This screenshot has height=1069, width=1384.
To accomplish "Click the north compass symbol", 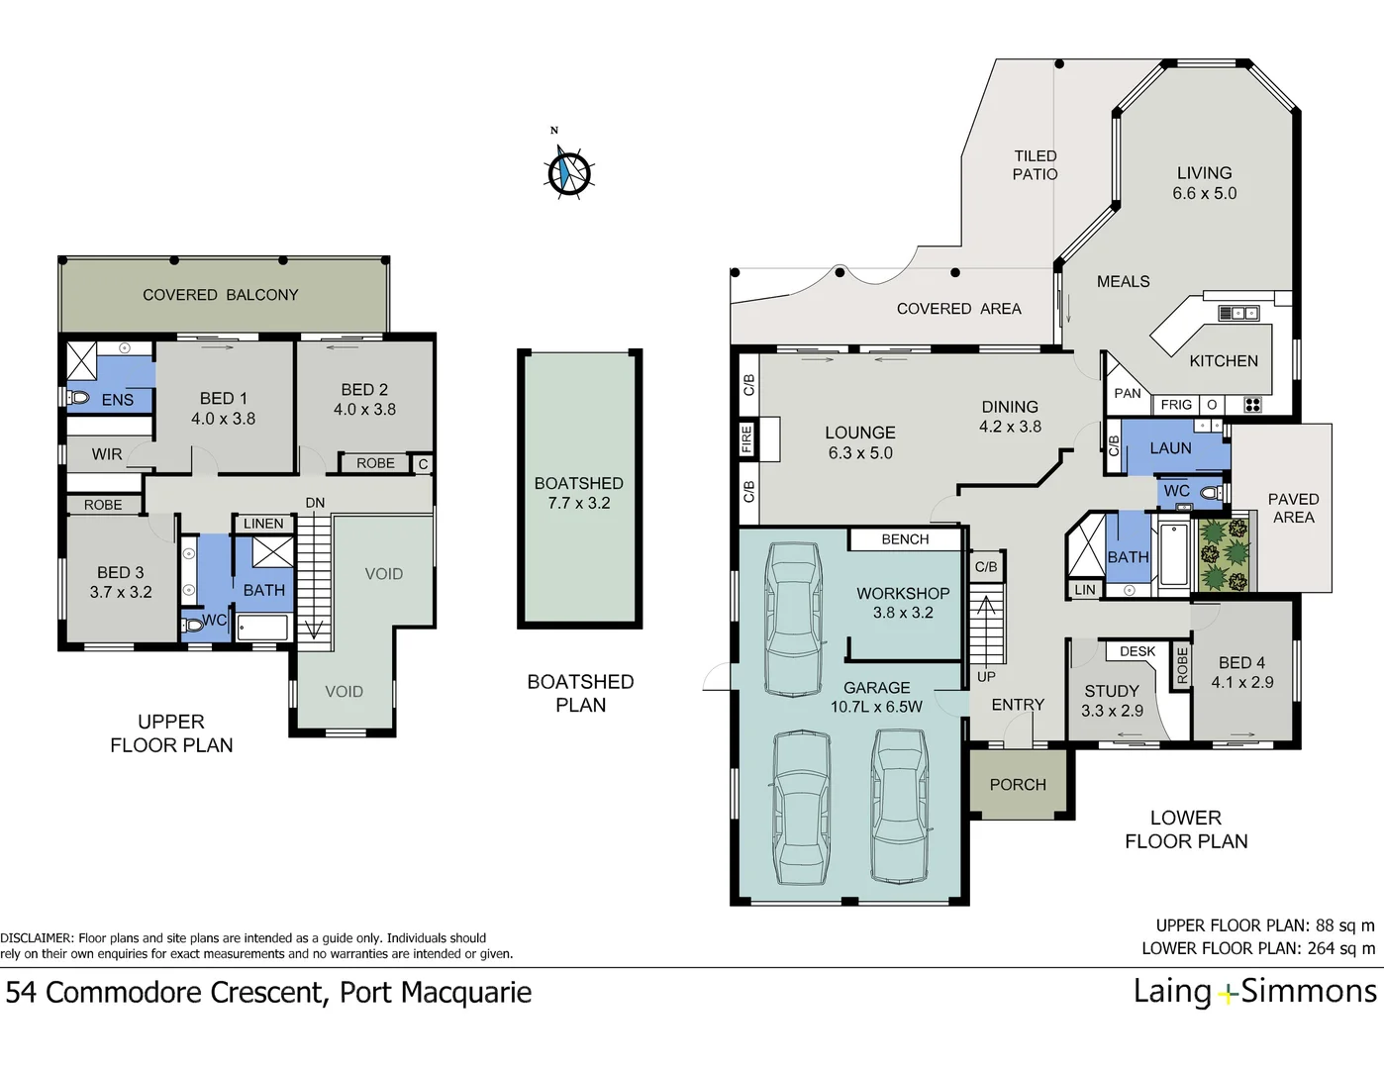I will [x=569, y=172].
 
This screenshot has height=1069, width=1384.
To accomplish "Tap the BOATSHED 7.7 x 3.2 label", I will [x=579, y=493].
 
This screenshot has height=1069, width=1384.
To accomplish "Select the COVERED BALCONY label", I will [x=220, y=295].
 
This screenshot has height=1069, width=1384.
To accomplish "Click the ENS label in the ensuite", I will [x=117, y=400].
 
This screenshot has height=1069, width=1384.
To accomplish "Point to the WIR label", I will [x=107, y=454].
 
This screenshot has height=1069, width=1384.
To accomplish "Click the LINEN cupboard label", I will [x=263, y=524].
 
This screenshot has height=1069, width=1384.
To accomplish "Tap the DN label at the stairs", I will [x=315, y=503].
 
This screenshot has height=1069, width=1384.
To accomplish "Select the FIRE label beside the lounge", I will [x=746, y=438].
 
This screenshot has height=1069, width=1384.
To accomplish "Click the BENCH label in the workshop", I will [x=905, y=539].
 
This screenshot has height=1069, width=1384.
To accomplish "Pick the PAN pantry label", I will [x=1128, y=393].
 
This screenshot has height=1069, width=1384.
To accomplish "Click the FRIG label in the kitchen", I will [x=1176, y=405].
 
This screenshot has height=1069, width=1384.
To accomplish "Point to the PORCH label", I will [x=1018, y=785].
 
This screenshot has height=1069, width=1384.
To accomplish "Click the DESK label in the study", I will [x=1137, y=651].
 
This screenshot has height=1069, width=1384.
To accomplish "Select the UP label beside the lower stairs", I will [x=986, y=677].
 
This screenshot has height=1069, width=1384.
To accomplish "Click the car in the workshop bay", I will [x=794, y=619].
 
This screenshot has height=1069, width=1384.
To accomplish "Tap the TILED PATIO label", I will [x=1035, y=165].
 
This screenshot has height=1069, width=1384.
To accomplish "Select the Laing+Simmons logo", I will [x=1254, y=992].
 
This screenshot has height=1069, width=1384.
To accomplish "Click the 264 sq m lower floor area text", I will [x=1340, y=948].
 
